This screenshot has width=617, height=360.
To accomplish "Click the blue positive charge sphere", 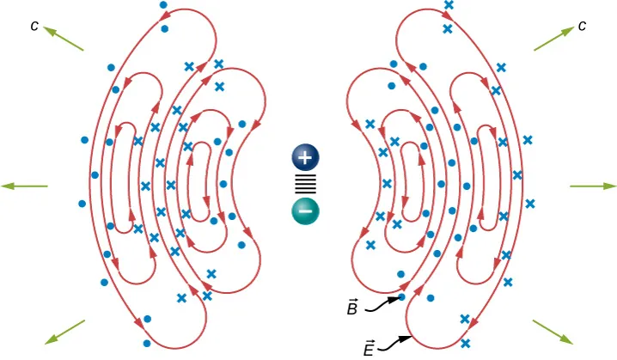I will click(x=305, y=157).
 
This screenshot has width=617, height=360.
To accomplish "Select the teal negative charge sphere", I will click(x=305, y=211).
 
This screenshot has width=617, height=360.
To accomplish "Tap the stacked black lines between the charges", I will click(x=305, y=184).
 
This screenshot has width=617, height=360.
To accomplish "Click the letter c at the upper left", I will click(x=34, y=26).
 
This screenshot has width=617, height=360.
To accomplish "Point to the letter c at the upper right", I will click(x=582, y=26).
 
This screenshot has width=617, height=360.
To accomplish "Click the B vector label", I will click(x=352, y=308).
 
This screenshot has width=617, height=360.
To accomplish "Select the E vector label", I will click(x=368, y=347).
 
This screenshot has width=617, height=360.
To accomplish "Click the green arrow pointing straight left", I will click(x=24, y=186).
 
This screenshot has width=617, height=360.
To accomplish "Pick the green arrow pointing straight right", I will click(x=593, y=186).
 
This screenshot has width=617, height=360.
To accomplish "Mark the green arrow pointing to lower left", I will click(x=64, y=333).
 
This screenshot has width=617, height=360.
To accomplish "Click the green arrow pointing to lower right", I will click(x=553, y=333).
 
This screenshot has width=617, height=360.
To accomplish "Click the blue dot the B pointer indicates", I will click(x=402, y=297).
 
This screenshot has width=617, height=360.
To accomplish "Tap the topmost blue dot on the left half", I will click(x=164, y=5).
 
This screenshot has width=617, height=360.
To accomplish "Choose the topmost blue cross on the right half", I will click(x=448, y=5).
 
